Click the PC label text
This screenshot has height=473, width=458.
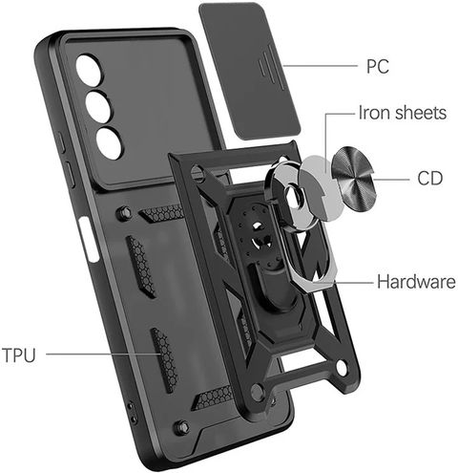[x=378, y=66]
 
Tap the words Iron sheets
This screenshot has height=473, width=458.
[x=403, y=113]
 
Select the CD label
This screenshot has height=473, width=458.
[x=429, y=179]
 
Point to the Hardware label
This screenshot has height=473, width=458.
[x=416, y=282]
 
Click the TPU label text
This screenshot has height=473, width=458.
[x=18, y=355]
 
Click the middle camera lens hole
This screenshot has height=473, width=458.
[x=98, y=107]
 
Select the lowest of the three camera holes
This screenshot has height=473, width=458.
[x=109, y=143]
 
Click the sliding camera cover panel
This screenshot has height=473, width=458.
[x=250, y=72]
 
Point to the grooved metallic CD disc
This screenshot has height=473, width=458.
[x=354, y=179]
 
